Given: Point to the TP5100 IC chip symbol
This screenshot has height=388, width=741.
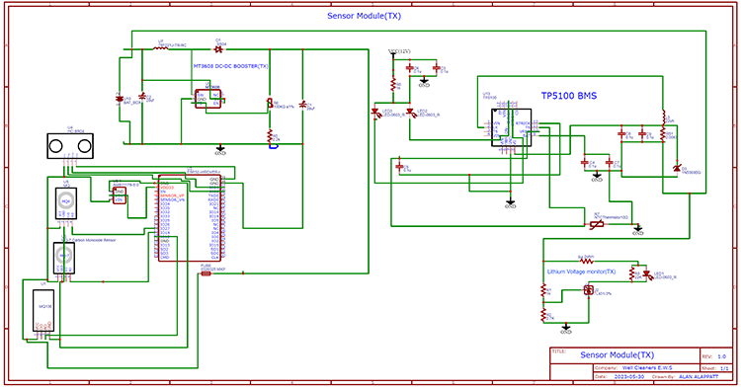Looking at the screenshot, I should coord(510,126).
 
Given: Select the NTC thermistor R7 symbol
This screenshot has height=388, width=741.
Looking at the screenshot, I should coord(596,224).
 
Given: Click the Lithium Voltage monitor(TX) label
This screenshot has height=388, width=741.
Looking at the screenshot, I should coord(581,272).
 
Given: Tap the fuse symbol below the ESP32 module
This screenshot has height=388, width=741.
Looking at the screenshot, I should coord(206,273).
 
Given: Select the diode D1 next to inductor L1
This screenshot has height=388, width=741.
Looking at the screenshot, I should coord(218,48).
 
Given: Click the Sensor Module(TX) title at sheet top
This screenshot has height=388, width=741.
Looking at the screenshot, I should coord(370,17).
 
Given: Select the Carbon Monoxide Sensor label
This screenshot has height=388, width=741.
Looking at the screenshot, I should coord(96,240).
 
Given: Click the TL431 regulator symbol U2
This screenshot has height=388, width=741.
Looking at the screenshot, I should coord(588,290).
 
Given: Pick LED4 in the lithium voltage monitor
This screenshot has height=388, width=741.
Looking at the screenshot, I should coord(647,273).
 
